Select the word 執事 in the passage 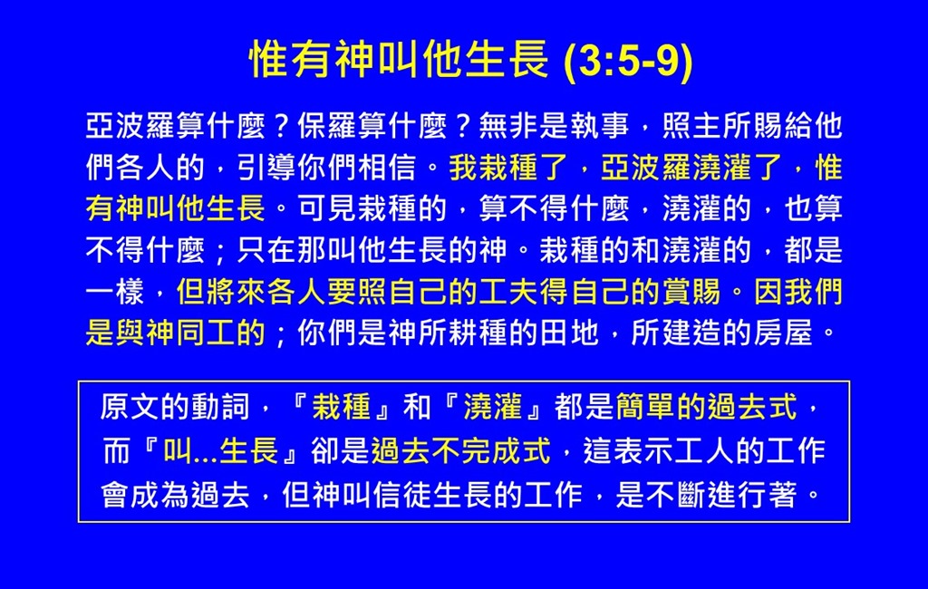[600, 125]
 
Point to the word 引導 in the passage [266, 167]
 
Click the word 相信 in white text [388, 167]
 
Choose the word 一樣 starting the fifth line [115, 291]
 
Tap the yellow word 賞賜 [691, 291]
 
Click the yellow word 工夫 [509, 291]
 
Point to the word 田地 [569, 333]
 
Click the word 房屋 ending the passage [782, 333]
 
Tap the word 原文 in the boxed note [130, 407]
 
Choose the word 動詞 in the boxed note [220, 407]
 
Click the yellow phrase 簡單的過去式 [706, 407]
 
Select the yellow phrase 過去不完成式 [461, 450]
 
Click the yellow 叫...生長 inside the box [220, 450]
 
